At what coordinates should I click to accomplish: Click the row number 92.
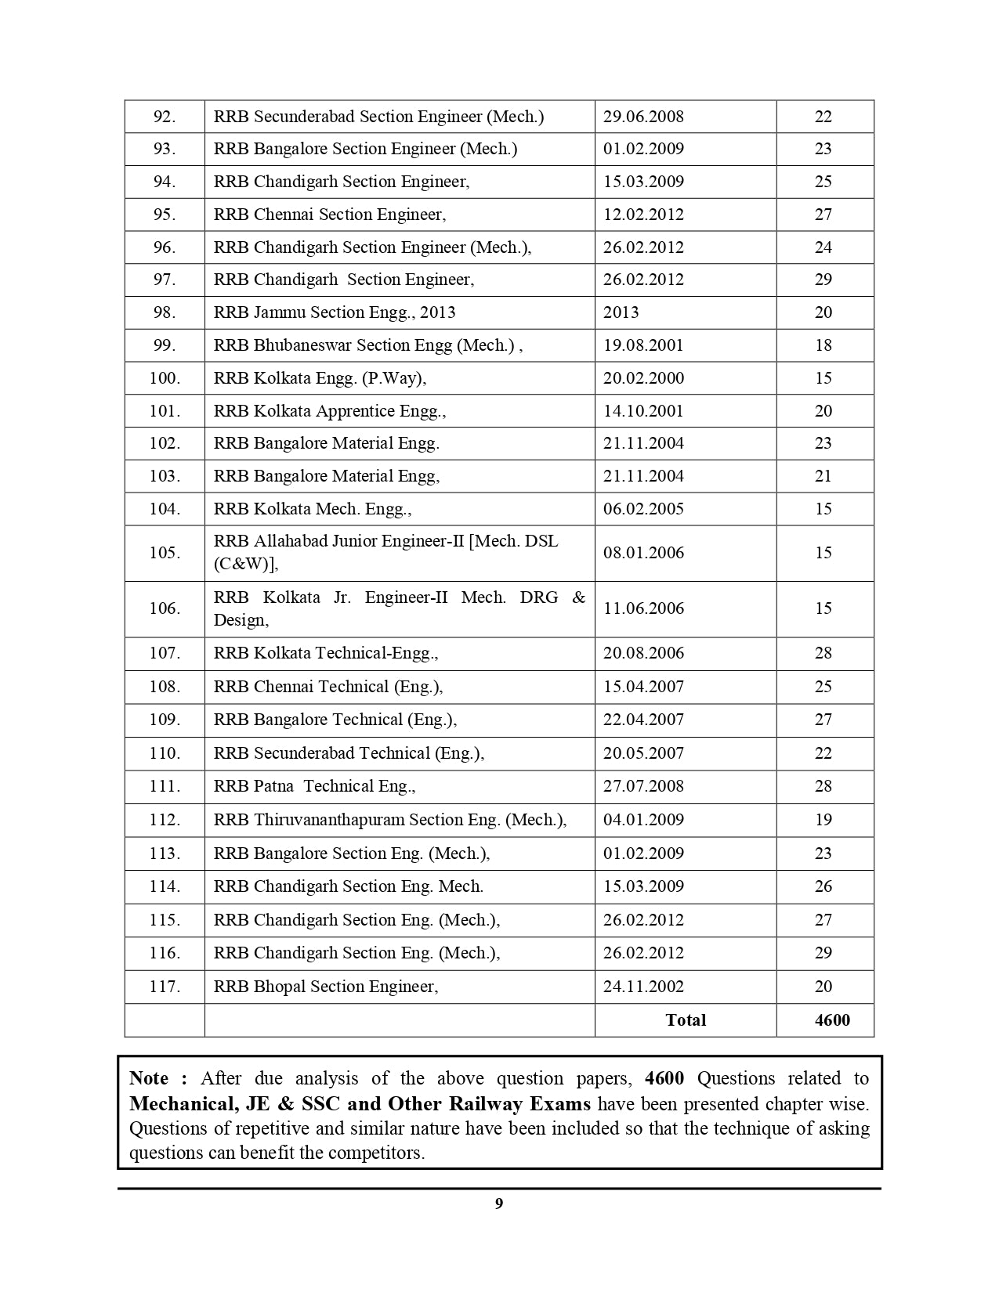164,117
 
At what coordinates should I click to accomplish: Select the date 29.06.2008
643,117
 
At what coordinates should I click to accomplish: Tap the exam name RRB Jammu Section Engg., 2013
335,312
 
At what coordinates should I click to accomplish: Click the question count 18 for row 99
823,345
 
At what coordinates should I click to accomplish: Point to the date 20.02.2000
643,378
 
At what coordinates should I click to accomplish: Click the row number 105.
165,553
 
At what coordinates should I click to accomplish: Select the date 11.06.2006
643,608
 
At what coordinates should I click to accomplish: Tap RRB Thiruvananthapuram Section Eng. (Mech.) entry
389,820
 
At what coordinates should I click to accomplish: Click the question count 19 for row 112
823,820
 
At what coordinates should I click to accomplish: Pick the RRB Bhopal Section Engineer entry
326,987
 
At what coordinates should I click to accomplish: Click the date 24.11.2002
643,987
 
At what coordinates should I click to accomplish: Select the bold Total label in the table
686,1020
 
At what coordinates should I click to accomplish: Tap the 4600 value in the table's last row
832,1020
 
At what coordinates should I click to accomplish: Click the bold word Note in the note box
149,1078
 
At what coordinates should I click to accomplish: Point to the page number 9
499,1204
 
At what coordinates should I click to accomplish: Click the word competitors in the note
375,1153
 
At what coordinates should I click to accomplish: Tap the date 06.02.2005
643,509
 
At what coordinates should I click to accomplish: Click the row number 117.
165,987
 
